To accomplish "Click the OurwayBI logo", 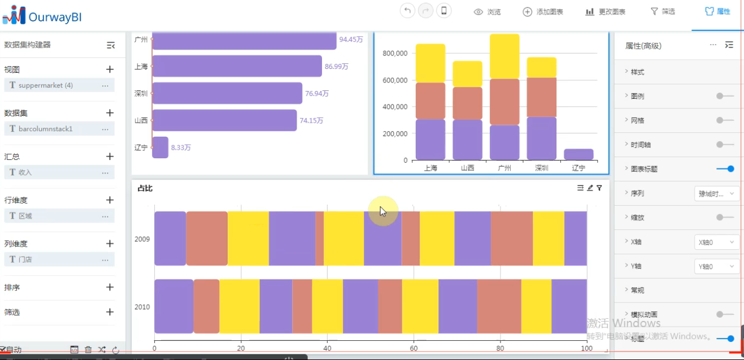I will click(x=42, y=16).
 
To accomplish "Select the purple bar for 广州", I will click(x=244, y=40).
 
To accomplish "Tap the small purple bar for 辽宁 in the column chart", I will click(x=578, y=154).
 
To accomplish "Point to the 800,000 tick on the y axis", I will click(x=395, y=53).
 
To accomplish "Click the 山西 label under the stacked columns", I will click(x=467, y=168).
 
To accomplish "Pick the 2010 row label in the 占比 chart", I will click(x=142, y=307).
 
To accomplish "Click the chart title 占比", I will click(x=145, y=188).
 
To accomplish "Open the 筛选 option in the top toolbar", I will click(x=663, y=11).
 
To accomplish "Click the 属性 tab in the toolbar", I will click(x=717, y=11).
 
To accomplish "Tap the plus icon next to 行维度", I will click(x=110, y=200).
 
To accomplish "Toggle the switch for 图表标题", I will click(x=725, y=168).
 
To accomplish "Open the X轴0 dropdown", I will click(x=716, y=242).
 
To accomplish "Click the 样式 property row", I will click(x=637, y=72).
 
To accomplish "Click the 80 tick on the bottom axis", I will click(x=500, y=349).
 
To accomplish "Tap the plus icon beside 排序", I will click(x=110, y=287).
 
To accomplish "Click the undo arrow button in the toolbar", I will click(x=407, y=11).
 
